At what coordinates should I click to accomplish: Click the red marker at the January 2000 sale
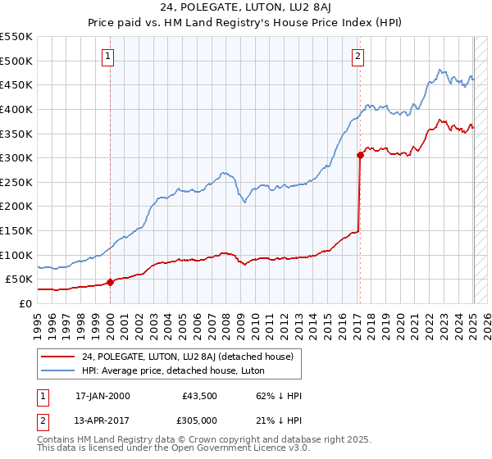[x=110, y=282]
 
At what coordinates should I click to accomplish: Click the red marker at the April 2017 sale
[x=360, y=155]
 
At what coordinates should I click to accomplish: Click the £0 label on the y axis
[x=25, y=303]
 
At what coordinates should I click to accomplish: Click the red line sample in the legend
[x=59, y=356]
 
